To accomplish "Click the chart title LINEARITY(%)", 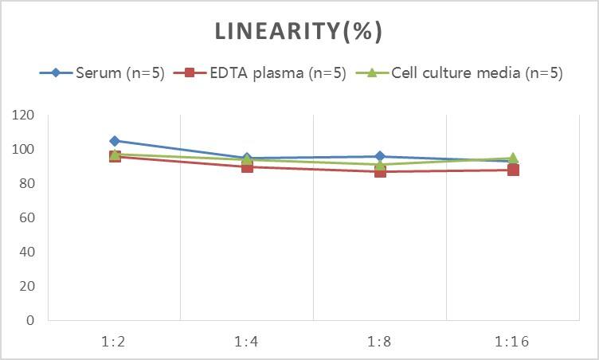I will [x=299, y=31].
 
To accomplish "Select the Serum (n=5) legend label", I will [x=119, y=73].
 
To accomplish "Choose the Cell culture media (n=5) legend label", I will [x=477, y=73].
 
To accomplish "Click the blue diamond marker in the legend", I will [x=56, y=73].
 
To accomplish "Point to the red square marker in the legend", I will [x=190, y=73].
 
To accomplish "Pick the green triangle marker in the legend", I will [x=372, y=73].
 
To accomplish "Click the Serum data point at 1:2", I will [x=115, y=141].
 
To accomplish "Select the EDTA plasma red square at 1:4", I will [x=248, y=166].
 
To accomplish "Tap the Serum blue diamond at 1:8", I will [x=381, y=157].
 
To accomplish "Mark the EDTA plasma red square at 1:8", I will [x=381, y=171].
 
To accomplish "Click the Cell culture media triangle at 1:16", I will [x=513, y=158].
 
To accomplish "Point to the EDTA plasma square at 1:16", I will [x=513, y=170].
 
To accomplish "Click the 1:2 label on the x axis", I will [x=115, y=342].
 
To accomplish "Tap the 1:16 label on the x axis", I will [x=513, y=342].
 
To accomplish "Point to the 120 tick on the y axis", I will [x=24, y=115].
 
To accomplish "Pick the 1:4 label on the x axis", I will [x=248, y=342].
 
